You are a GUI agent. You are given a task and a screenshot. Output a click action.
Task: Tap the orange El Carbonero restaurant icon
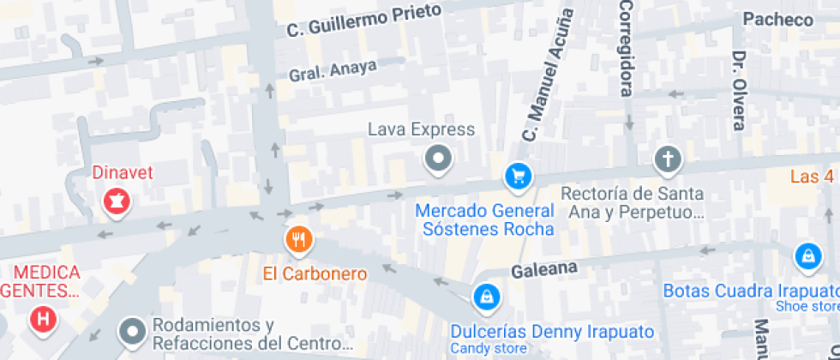point(298,239)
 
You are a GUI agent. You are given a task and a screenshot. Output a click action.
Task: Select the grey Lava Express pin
point(439,158)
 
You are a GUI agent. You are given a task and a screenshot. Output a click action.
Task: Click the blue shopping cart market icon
point(518,177)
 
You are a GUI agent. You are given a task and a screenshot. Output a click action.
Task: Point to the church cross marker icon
point(667,159)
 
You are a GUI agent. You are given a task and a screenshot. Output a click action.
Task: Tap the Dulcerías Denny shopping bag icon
point(486,297)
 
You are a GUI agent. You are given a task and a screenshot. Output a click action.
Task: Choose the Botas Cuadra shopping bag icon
point(807,255)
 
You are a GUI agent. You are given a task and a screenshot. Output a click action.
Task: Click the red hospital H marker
point(42,320)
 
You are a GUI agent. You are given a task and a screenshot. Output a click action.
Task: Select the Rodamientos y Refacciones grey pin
point(132,329)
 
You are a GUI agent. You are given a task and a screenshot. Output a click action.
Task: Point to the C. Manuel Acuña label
point(548,75)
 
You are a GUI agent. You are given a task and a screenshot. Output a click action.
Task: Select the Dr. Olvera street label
point(739,90)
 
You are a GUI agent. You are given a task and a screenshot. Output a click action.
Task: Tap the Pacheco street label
point(777,19)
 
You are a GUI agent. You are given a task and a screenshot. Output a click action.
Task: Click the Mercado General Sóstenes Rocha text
point(484,219)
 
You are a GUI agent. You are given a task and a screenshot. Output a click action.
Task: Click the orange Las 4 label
point(813,177)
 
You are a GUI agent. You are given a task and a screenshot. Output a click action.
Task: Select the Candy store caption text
point(489,349)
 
